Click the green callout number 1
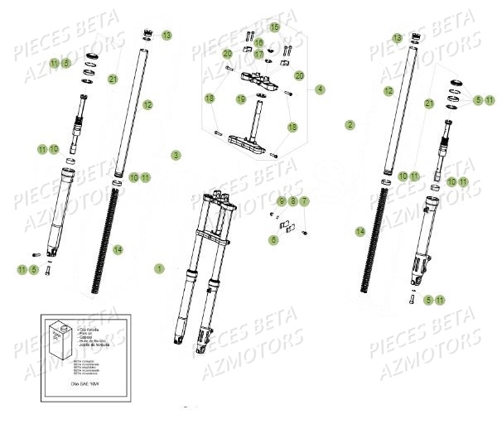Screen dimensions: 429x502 click(159, 268)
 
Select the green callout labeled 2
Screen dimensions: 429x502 click(350, 125)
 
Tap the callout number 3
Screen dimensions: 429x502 click(175, 155)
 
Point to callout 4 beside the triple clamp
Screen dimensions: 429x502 click(320, 89)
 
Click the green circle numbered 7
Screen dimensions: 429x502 click(304, 201)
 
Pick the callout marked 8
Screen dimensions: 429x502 click(292, 201)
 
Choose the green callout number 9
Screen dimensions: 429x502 click(281, 201)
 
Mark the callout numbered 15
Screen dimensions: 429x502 click(274, 27)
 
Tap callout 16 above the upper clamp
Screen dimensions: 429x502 click(258, 42)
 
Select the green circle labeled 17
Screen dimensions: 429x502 click(258, 54)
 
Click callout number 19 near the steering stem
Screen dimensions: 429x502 click(241, 99)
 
